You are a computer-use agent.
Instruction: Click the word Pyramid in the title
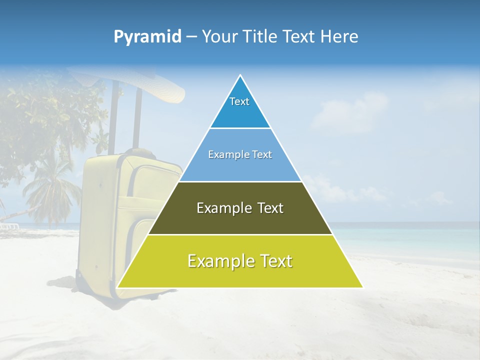click(x=147, y=37)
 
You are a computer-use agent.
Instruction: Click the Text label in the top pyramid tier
click(x=239, y=101)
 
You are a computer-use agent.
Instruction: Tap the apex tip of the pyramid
click(x=240, y=75)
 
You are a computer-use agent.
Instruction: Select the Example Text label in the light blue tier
click(x=240, y=155)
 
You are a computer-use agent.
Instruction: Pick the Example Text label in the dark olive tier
click(x=240, y=208)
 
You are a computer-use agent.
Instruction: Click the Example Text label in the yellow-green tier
click(x=240, y=261)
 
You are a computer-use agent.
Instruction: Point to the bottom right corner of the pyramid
click(x=362, y=287)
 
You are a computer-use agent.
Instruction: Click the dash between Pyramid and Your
click(x=191, y=37)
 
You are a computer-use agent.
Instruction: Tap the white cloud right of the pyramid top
click(x=345, y=112)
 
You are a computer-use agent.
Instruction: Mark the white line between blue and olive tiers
click(x=240, y=181)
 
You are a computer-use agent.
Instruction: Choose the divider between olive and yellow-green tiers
click(x=240, y=234)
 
